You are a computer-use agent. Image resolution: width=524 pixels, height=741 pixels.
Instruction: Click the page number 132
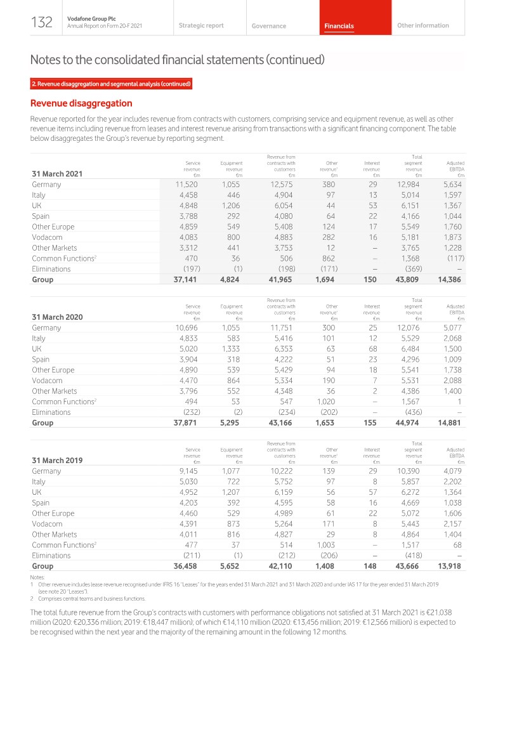tap(42, 23)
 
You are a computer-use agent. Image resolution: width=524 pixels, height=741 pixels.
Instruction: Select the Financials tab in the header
tap(339, 26)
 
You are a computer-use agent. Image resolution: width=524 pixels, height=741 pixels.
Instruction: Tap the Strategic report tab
tap(201, 25)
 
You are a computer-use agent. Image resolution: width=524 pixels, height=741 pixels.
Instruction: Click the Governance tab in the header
tap(268, 26)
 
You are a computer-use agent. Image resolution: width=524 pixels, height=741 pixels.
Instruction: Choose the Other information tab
tap(422, 25)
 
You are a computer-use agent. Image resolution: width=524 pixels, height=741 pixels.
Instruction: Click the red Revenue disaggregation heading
tap(81, 103)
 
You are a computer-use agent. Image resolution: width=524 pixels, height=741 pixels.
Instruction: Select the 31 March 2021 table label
tap(57, 174)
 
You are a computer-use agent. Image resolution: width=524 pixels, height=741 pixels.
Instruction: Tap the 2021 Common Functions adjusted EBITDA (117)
tap(454, 258)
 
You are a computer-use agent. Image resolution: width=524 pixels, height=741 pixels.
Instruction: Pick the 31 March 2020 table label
tap(57, 318)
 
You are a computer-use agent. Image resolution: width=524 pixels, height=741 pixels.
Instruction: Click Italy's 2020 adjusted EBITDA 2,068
tap(452, 338)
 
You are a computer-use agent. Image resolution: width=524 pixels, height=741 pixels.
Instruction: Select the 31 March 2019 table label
tap(57, 461)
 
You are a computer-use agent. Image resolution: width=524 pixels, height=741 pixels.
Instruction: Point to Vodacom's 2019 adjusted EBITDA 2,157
tap(452, 524)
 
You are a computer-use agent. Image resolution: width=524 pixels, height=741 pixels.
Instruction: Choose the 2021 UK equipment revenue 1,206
tap(231, 206)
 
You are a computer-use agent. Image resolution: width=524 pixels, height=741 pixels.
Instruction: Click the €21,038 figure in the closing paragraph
tap(438, 612)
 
